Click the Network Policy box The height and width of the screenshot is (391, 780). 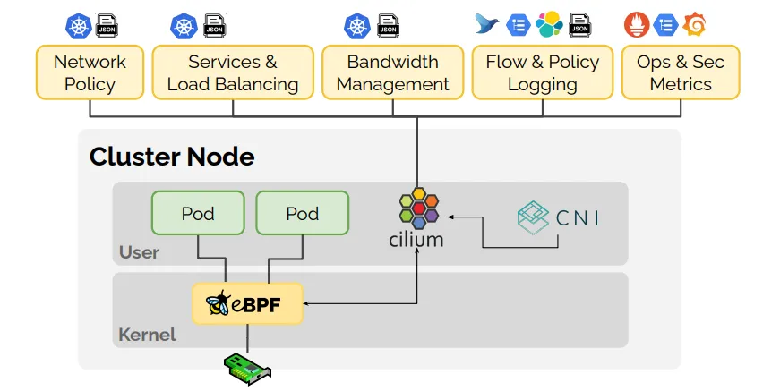click(90, 72)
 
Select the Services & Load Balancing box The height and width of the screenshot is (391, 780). click(233, 72)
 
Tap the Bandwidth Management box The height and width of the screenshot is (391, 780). click(392, 72)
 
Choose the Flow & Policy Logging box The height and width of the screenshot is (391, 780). click(542, 72)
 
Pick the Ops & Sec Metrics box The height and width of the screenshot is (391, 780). click(681, 72)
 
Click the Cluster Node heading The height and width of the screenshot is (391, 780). click(172, 157)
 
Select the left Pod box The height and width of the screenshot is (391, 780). click(198, 213)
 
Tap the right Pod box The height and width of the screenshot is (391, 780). click(302, 213)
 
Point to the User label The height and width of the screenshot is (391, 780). click(139, 252)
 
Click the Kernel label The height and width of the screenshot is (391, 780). click(147, 336)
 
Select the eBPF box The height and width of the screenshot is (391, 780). click(248, 303)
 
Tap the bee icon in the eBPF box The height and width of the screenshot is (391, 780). click(219, 304)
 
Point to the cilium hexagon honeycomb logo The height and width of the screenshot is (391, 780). click(418, 208)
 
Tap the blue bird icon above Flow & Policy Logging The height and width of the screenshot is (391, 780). click(488, 24)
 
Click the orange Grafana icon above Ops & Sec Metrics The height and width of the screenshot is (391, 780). click(694, 24)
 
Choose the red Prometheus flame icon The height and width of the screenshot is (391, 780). click(637, 24)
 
